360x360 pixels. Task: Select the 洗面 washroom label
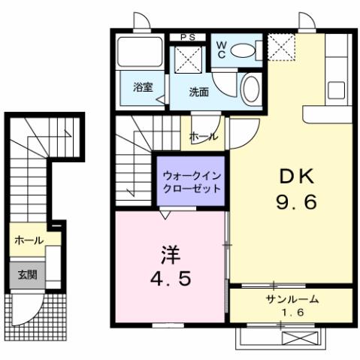(198, 92)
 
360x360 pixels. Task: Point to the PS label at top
(189, 36)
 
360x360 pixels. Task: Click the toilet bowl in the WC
(243, 50)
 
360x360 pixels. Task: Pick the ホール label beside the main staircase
(204, 137)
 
